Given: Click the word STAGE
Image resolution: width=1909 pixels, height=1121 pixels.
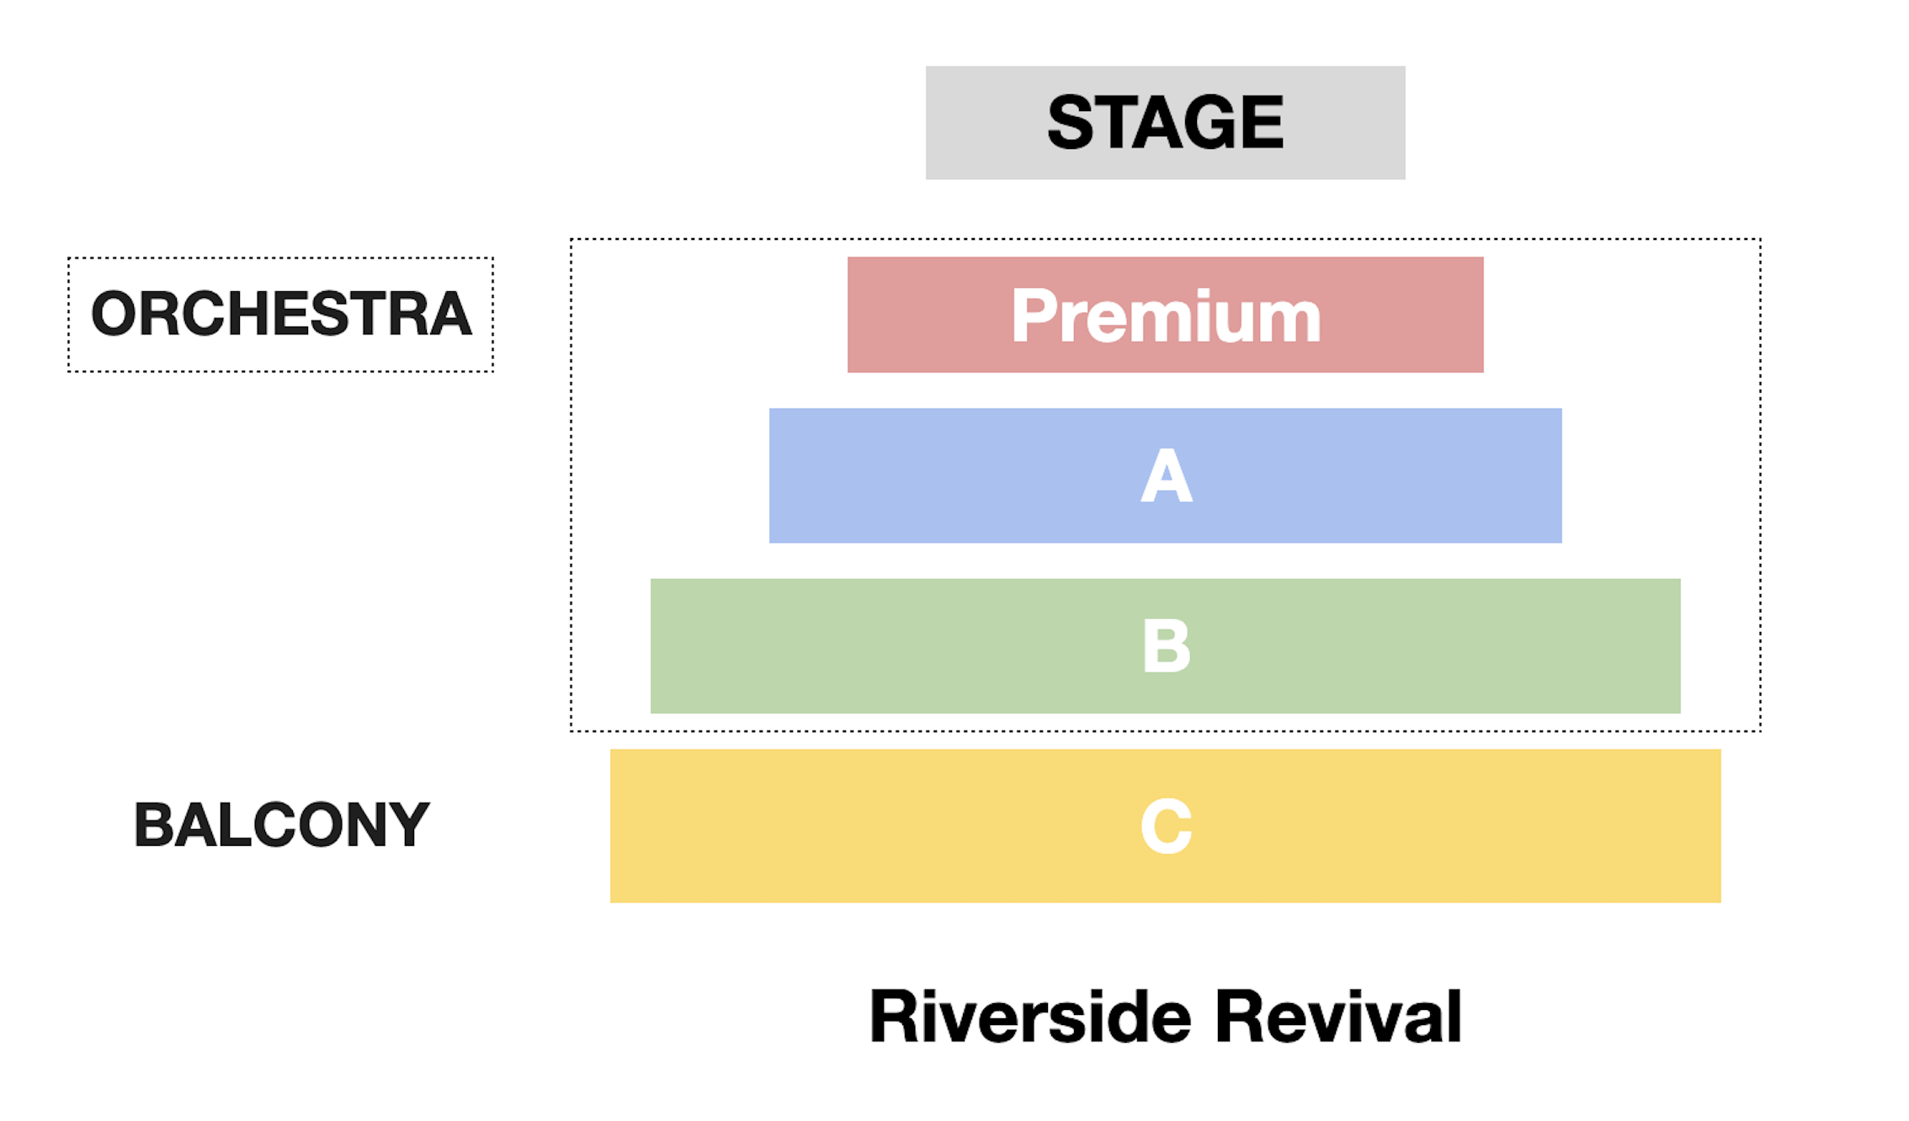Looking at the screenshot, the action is (1165, 122).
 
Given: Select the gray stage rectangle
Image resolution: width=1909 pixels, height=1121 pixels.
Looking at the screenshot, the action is (1165, 123).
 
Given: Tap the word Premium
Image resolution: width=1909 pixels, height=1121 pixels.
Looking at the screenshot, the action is (1166, 316).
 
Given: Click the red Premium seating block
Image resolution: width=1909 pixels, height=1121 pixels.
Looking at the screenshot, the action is (1165, 315).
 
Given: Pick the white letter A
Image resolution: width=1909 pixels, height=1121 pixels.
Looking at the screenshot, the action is (1167, 475).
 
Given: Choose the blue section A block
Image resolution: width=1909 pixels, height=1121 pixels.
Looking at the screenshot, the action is (1165, 475).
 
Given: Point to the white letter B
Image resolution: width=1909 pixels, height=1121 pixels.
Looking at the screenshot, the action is (1167, 646).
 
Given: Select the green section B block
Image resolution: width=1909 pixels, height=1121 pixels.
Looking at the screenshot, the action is (1165, 646).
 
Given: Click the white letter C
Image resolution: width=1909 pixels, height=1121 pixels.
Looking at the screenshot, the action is (1167, 826).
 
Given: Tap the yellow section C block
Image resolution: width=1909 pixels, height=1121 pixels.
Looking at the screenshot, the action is (1165, 826).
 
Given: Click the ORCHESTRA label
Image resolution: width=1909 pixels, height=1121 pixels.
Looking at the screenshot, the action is (281, 314).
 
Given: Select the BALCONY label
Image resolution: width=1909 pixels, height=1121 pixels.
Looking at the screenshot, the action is (281, 825).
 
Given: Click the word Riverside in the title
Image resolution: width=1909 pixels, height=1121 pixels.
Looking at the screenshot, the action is (1030, 1017).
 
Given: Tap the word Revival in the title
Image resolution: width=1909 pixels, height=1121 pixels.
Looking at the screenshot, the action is (1338, 1017).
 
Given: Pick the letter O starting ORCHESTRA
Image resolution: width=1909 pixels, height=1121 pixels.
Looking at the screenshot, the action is (114, 314).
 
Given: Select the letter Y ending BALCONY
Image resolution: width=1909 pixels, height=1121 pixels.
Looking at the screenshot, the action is (407, 825).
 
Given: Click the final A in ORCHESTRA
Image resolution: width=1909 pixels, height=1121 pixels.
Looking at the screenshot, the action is (449, 314).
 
